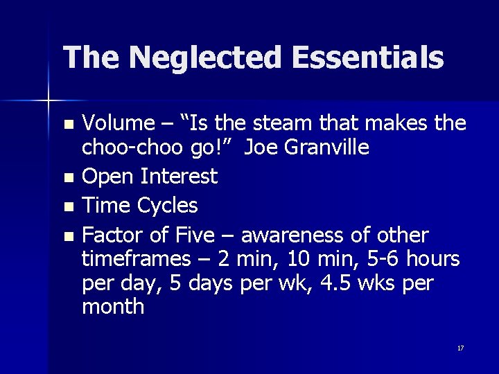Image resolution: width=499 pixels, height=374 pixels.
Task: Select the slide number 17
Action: coord(460,348)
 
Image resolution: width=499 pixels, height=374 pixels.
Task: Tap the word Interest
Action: coord(179,176)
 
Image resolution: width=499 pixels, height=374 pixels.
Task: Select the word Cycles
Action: coord(168,206)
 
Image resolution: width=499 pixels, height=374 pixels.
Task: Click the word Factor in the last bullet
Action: coord(113,235)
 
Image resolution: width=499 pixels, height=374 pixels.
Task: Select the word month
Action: coord(113,307)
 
